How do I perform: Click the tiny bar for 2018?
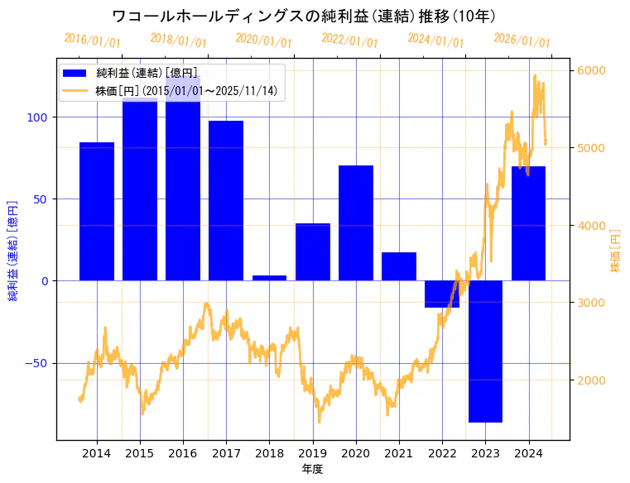pos(269,278)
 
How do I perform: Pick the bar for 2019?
pos(313,251)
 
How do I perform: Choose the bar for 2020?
pos(356,222)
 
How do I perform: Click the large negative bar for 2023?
pos(485,351)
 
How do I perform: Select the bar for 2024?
pos(528,223)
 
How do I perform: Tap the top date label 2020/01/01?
pos(263,40)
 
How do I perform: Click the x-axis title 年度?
pos(312,468)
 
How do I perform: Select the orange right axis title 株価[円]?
pos(615,251)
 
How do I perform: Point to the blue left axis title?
pos(13,251)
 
